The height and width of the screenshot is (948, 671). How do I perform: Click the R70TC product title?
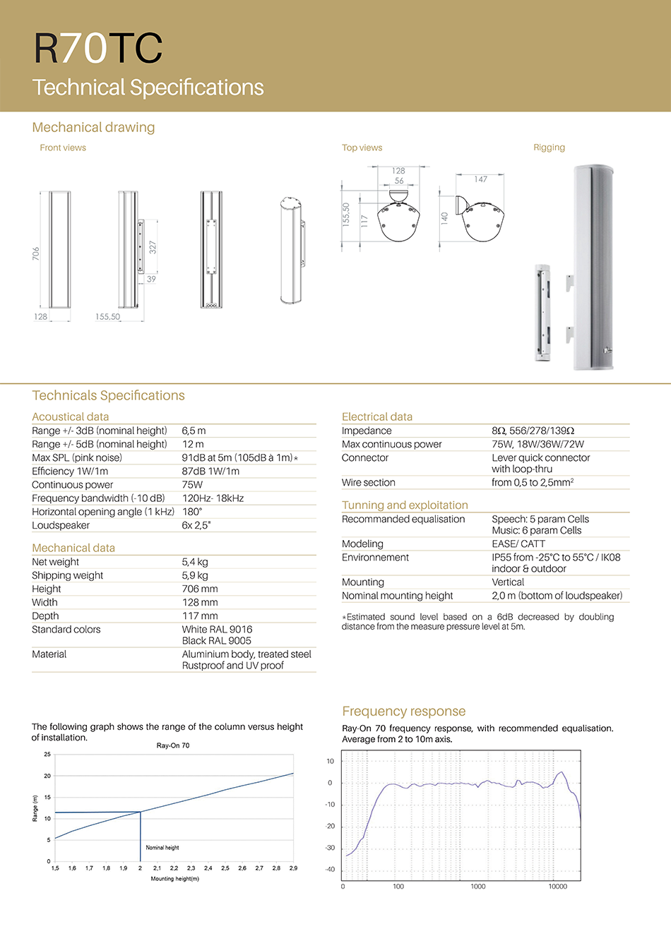[x=98, y=48]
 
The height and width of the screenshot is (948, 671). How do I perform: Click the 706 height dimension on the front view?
[x=36, y=253]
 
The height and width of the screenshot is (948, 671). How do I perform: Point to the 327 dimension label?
[x=153, y=247]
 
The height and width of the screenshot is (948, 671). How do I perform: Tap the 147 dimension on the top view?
[x=481, y=179]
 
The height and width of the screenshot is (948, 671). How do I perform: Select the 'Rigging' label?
[x=549, y=148]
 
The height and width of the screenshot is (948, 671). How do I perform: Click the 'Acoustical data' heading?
[x=71, y=416]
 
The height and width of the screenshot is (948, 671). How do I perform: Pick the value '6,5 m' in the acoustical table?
[x=194, y=431]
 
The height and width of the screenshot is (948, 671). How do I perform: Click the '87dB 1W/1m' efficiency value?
[x=210, y=471]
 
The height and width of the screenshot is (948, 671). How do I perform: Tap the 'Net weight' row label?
[x=55, y=562]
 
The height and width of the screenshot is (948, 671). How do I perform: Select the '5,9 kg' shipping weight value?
[x=195, y=575]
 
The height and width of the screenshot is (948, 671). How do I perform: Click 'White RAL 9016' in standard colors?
[x=217, y=629]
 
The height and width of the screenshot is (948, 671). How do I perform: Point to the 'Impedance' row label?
[x=367, y=431]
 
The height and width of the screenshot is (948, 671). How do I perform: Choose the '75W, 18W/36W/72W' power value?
[x=538, y=444]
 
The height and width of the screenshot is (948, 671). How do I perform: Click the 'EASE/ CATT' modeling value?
[x=518, y=544]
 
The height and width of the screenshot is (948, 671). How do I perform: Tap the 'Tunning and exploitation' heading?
[x=405, y=505]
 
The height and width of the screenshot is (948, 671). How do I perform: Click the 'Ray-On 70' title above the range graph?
[x=173, y=745]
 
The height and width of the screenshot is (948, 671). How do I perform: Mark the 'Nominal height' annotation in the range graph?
[x=162, y=847]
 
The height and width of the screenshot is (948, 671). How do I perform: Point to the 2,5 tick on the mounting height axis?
[x=225, y=868]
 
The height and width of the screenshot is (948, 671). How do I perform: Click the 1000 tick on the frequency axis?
[x=478, y=887]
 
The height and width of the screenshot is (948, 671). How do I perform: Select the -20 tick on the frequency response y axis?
[x=330, y=826]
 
